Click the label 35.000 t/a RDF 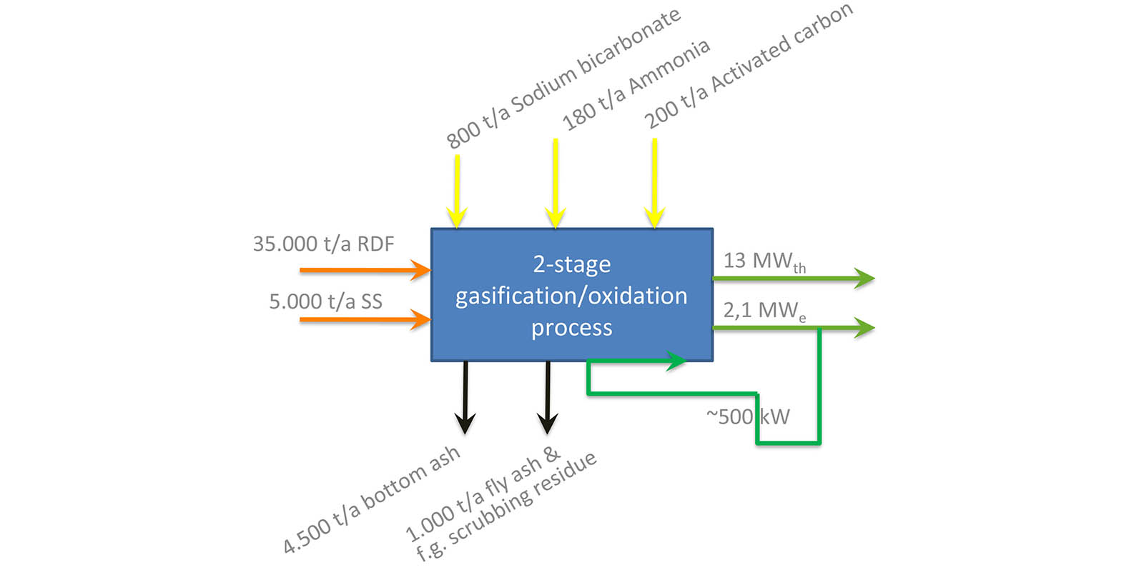323,244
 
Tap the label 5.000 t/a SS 325,301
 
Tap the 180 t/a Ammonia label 636,85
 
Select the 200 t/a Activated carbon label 748,66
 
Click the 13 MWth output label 764,261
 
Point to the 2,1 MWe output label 764,311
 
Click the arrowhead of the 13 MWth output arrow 865,278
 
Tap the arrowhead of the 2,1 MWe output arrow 865,328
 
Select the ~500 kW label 748,416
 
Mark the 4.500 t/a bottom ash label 371,500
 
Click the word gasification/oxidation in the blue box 571,296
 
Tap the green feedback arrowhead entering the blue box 676,361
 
